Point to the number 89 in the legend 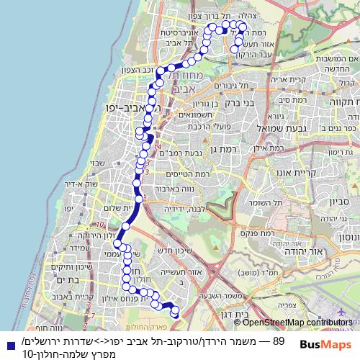(280, 339)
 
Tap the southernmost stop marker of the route (175, 312)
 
